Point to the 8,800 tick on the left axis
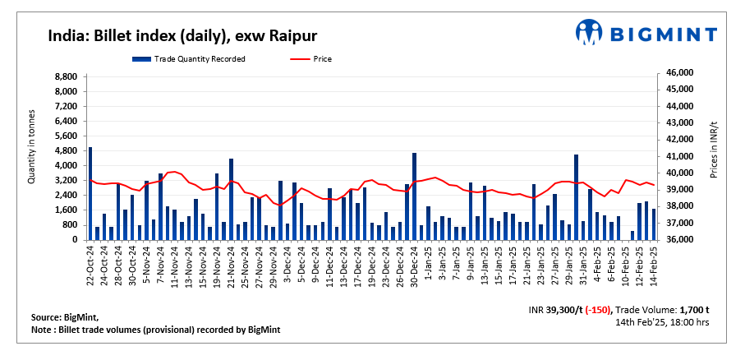click(66, 76)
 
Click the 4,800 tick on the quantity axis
click(66, 151)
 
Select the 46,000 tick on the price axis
click(678, 73)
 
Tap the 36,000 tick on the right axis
click(678, 240)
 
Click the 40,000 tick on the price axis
click(678, 173)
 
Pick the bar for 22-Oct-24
click(90, 193)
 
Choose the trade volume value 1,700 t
click(692, 309)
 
